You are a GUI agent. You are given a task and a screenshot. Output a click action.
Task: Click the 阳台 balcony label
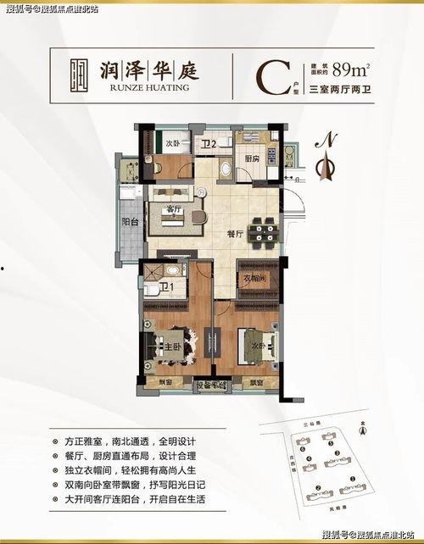click(131, 222)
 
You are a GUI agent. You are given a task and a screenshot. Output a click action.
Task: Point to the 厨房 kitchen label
click(252, 158)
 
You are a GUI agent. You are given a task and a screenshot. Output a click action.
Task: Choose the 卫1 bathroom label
click(167, 287)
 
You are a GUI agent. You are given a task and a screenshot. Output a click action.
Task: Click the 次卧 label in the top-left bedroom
click(173, 144)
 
